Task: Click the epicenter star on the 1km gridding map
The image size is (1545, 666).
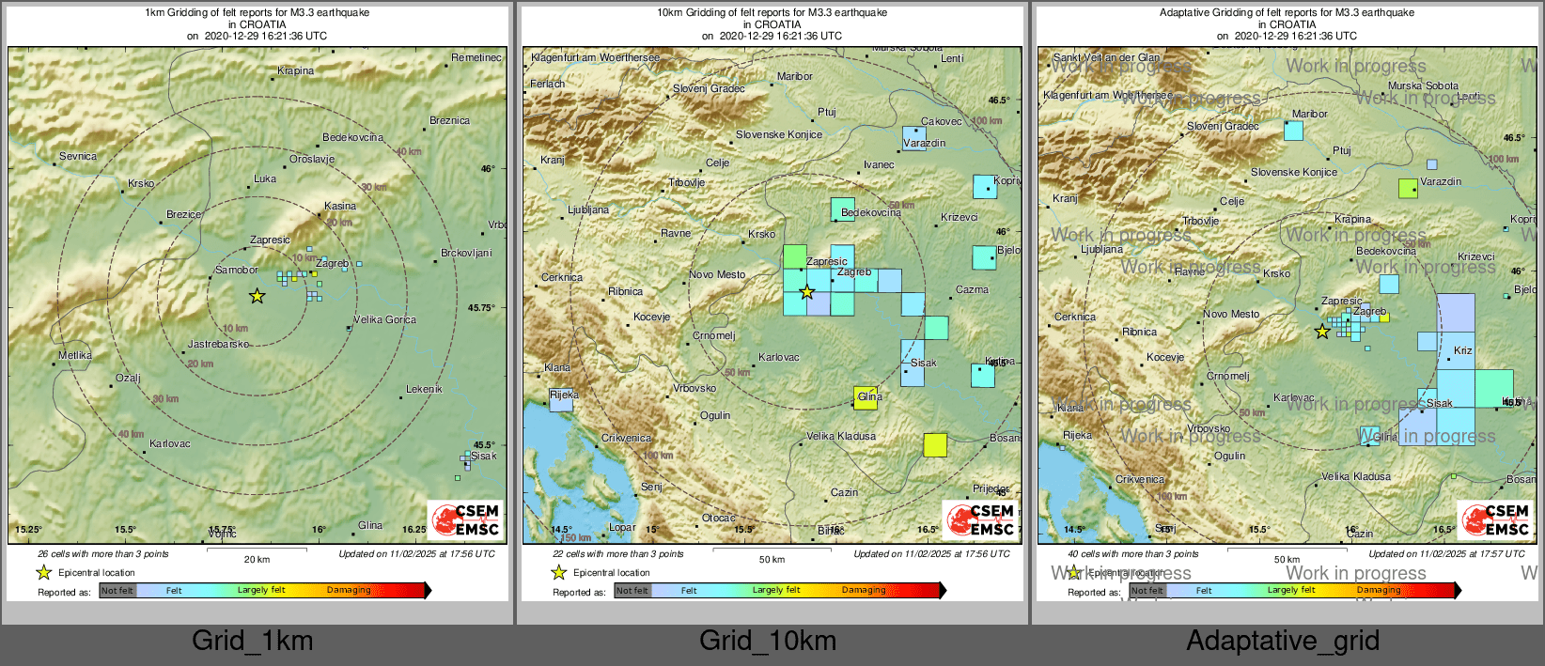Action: click(x=257, y=296)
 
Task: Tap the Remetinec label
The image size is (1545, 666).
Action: click(x=476, y=57)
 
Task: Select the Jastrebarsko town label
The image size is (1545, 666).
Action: click(x=218, y=344)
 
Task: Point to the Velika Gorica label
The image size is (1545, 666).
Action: click(x=384, y=319)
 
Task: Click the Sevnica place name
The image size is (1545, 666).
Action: click(x=78, y=156)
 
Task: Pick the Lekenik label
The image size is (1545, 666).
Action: click(x=424, y=389)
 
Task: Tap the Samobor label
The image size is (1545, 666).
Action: click(x=236, y=270)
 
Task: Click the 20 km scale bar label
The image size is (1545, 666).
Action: click(x=257, y=559)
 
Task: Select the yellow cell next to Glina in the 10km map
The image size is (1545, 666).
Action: click(x=866, y=397)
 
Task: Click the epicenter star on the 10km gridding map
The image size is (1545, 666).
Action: click(x=806, y=292)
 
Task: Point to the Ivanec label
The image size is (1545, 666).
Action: click(x=879, y=164)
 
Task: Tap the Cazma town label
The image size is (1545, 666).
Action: click(x=972, y=289)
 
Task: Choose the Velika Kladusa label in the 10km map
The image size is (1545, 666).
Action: click(x=841, y=436)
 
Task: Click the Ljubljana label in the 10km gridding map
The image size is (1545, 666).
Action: click(x=588, y=209)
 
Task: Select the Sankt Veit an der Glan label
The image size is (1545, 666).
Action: click(x=1107, y=57)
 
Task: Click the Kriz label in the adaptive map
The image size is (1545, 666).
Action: click(x=1462, y=350)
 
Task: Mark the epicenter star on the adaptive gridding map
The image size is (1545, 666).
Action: click(x=1322, y=332)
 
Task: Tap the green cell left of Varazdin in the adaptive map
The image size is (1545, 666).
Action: click(x=1408, y=188)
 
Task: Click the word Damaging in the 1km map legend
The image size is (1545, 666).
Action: click(x=349, y=590)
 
